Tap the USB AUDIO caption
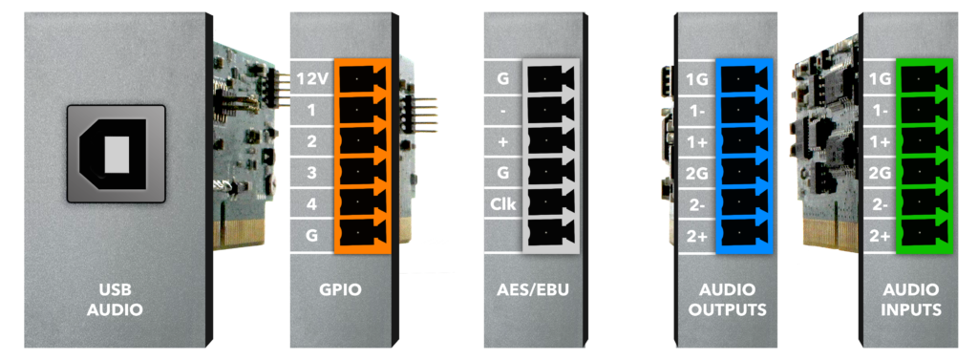point(114,300)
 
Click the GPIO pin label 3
point(312,172)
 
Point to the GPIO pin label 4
point(312,203)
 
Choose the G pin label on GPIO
point(312,235)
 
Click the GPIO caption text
point(341,291)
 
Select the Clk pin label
point(504,203)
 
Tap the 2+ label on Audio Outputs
point(697,235)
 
